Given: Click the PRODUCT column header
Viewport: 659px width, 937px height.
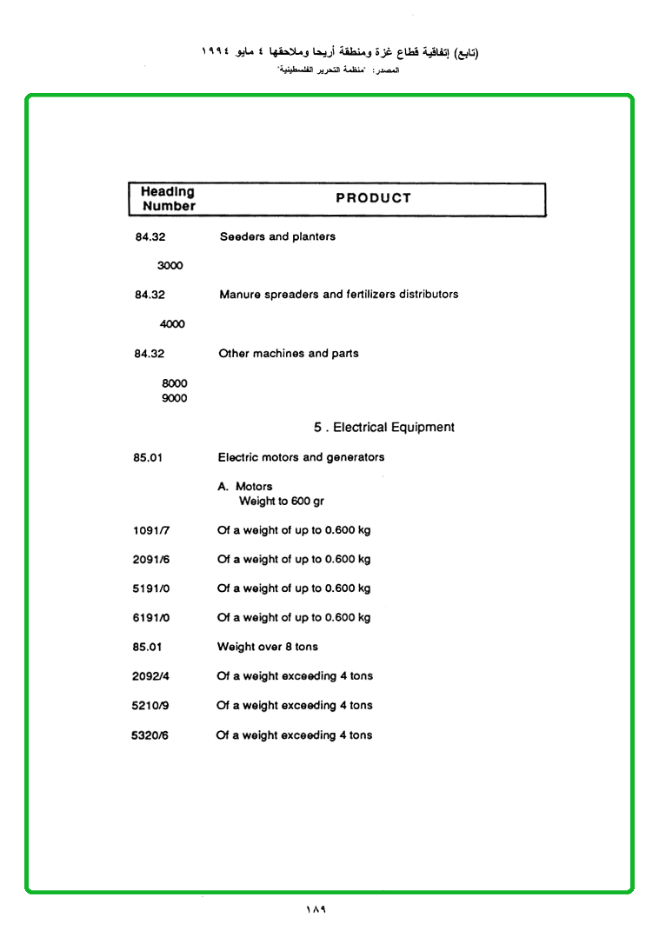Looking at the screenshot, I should coord(373,198).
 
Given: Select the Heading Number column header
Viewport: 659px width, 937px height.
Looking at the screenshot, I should coord(168,199).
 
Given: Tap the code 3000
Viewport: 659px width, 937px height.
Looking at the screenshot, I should coord(170,266).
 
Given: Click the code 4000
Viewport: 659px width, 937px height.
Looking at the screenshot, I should coord(172,324).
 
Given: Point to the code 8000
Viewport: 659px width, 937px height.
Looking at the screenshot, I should coord(174,383).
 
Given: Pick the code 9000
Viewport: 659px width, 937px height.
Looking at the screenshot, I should coord(174,399).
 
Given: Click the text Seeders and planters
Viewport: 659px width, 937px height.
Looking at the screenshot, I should coord(277,236).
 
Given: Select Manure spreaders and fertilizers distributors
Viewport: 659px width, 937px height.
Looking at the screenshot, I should coord(338,295).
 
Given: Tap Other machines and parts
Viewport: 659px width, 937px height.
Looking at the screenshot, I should coord(288,354).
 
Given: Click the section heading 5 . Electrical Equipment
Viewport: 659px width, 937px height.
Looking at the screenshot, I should coord(384,428).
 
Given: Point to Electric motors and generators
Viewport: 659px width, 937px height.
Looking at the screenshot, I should coord(301,457).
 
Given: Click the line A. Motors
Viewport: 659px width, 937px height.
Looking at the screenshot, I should coord(245,487).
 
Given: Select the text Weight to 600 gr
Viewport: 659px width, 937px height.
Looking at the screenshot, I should coord(282,502).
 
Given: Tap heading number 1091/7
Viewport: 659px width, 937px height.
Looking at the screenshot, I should coord(151,530).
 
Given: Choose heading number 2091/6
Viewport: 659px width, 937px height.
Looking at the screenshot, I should coord(151,560).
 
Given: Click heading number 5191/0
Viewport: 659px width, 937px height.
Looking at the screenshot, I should coord(151,588).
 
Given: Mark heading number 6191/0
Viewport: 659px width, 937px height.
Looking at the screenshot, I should coord(151,618).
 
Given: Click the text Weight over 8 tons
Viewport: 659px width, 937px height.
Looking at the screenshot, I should coord(268,647).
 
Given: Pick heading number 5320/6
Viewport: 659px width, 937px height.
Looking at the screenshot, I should coord(150,735).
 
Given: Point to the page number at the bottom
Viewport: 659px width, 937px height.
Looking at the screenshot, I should coord(315,910).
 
